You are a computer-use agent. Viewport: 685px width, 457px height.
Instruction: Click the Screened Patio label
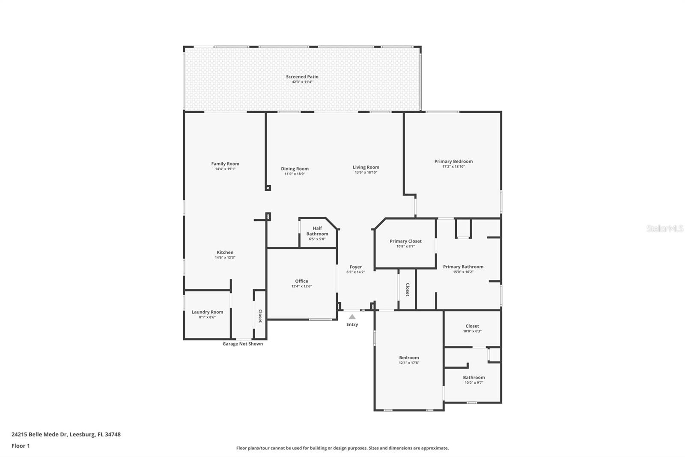point(302,77)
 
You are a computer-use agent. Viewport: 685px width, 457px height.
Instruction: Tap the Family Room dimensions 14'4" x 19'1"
point(225,169)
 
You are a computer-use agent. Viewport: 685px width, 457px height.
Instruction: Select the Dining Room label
point(295,169)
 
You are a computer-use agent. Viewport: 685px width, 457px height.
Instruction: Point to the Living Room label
point(366,167)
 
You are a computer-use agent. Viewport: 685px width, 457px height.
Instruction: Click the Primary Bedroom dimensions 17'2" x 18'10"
point(453,167)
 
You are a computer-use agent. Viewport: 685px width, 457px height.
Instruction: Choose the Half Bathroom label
point(317,231)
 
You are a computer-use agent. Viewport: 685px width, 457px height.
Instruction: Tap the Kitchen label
point(225,253)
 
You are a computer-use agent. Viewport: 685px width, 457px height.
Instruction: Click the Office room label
point(301,281)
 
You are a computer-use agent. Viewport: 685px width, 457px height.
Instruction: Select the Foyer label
point(356,267)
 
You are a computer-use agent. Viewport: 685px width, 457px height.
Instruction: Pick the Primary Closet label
point(405,241)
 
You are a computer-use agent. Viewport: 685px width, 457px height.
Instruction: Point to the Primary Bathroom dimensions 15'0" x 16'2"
point(463,272)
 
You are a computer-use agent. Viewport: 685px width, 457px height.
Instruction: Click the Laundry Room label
point(207,312)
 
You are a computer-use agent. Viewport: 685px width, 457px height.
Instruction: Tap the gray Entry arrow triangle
point(352,317)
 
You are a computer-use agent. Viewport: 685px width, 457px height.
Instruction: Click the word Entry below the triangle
point(352,325)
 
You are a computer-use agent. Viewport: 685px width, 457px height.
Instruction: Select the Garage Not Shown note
point(242,344)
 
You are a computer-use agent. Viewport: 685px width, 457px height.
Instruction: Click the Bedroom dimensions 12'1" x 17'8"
point(409,363)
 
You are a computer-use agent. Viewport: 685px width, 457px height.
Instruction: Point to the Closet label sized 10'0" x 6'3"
point(472,326)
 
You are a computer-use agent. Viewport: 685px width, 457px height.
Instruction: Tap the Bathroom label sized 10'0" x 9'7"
point(474,378)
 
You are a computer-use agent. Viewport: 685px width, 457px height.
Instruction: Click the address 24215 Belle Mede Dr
point(39,434)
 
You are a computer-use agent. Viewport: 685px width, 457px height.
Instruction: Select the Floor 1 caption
point(21,446)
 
